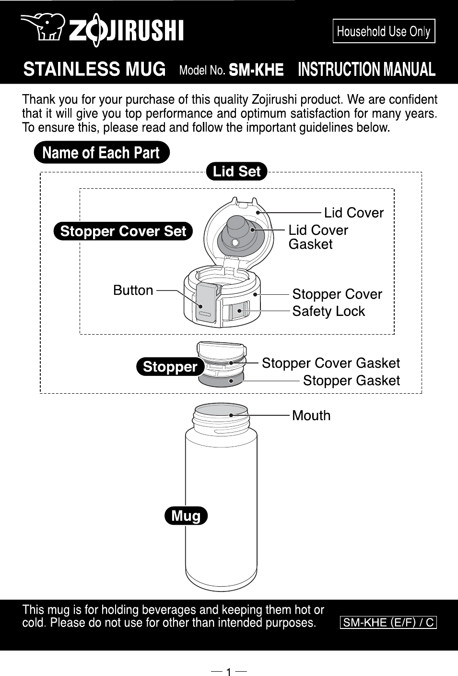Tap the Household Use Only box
[384, 31]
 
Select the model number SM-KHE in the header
[256, 70]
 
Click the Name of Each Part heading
[101, 153]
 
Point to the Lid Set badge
[236, 171]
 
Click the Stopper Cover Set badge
[123, 231]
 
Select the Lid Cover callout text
[353, 213]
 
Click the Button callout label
[133, 290]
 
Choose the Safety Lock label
[329, 311]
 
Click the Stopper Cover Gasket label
[330, 363]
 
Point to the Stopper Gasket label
[351, 380]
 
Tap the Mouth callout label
[311, 415]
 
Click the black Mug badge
[186, 516]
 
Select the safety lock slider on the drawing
[239, 311]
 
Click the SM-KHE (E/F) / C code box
[388, 623]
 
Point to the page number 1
[229, 671]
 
